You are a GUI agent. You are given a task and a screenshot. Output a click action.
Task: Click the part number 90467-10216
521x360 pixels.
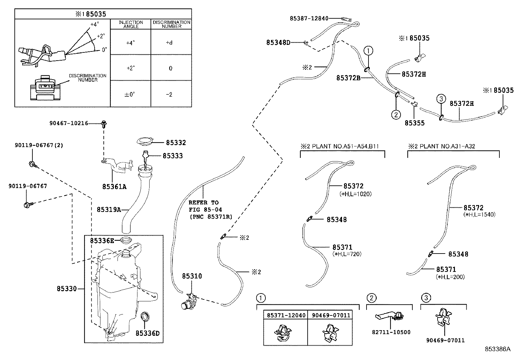(69, 123)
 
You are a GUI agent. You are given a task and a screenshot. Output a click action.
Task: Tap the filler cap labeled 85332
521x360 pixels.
(145, 142)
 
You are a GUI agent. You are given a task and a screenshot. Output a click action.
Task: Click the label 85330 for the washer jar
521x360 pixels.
(67, 289)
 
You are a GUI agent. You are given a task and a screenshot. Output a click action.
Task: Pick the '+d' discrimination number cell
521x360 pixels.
(169, 43)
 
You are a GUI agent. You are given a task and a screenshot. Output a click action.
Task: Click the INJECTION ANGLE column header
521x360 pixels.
(131, 24)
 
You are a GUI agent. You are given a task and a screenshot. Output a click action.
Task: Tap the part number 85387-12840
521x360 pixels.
(309, 18)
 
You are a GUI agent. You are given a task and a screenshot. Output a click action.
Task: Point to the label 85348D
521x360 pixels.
(278, 43)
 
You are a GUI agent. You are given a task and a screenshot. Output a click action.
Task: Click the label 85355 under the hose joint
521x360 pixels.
(414, 123)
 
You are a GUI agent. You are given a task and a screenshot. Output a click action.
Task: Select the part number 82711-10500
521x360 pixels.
(391, 332)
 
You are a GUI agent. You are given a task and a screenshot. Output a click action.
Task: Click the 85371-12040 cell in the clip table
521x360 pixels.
(286, 315)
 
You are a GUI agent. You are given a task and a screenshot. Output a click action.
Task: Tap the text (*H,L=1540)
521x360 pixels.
(479, 215)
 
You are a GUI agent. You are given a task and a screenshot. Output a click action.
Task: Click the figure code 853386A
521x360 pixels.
(497, 349)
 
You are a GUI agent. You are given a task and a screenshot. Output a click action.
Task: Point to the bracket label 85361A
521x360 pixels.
(115, 187)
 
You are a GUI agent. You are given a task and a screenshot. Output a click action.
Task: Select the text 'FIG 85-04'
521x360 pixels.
(206, 210)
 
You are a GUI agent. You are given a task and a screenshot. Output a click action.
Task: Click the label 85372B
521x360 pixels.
(349, 78)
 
